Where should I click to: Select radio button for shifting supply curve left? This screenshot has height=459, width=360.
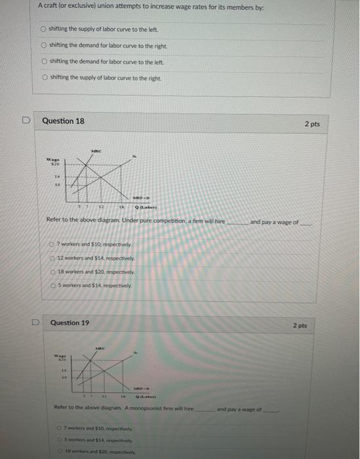pos(44,30)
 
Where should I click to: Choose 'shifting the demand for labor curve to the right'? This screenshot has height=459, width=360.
pos(44,45)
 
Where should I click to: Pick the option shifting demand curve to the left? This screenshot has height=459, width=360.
pos(44,61)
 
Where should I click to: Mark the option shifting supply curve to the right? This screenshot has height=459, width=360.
pos(44,77)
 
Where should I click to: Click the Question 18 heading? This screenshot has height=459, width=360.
pos(63,121)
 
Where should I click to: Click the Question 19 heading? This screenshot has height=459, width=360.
pos(70,323)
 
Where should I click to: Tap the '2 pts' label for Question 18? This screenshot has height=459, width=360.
pos(312,124)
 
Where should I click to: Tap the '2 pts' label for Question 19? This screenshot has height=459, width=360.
pos(299,325)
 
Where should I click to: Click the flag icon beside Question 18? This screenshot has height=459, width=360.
pos(26,121)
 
